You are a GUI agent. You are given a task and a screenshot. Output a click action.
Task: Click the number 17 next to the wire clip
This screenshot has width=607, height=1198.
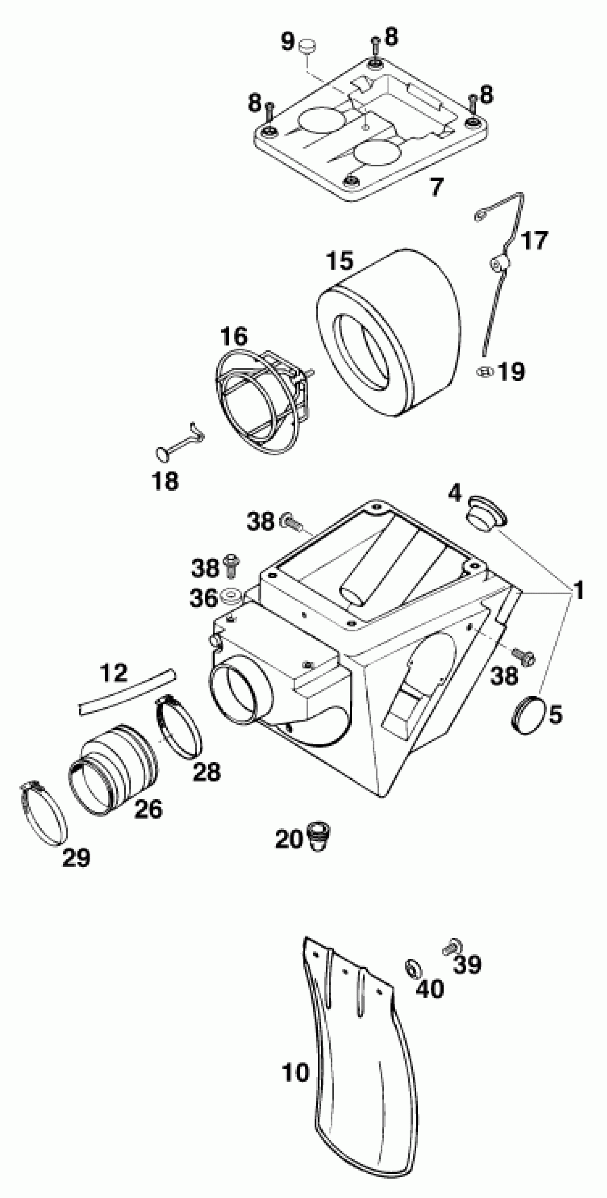tap(534, 240)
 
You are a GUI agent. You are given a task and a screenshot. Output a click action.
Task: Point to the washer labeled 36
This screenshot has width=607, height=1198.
tap(231, 596)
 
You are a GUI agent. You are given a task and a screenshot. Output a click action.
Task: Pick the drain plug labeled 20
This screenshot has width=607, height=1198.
tap(319, 837)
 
